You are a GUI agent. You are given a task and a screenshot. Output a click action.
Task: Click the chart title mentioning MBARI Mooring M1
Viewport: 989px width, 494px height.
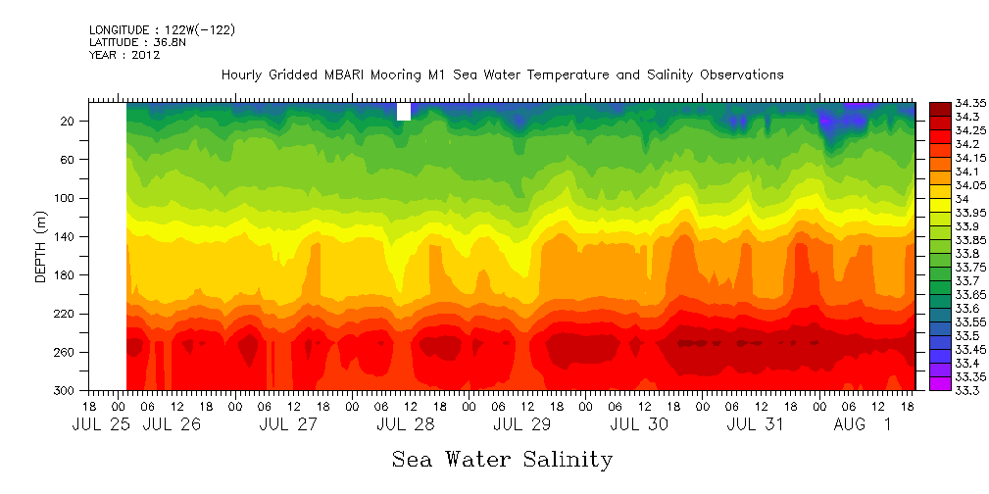pos(502,74)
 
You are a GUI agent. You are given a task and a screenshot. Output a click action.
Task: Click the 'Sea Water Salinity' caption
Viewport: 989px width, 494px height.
pos(502,459)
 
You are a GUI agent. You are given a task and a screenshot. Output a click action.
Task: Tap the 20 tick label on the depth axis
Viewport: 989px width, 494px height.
pos(69,121)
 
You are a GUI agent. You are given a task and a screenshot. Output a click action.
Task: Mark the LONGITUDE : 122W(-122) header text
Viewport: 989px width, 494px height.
pos(162,29)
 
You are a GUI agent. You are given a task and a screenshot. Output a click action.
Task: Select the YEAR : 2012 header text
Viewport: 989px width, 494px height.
pos(124,55)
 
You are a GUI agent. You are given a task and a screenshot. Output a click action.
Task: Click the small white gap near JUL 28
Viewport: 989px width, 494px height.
pos(403,111)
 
